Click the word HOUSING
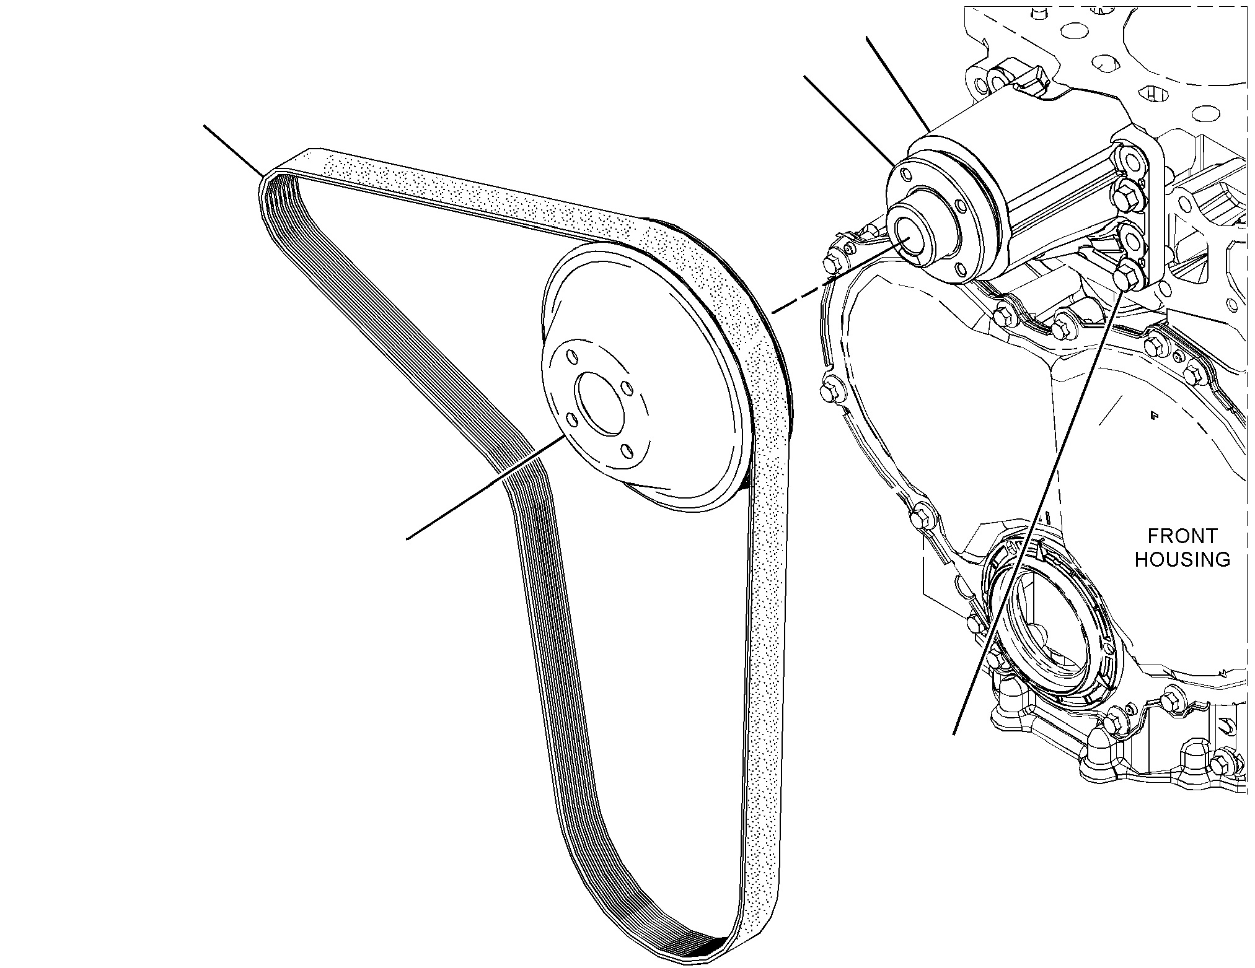[x=1182, y=560]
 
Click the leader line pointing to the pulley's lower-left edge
[x=485, y=487]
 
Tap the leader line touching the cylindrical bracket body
[x=897, y=84]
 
